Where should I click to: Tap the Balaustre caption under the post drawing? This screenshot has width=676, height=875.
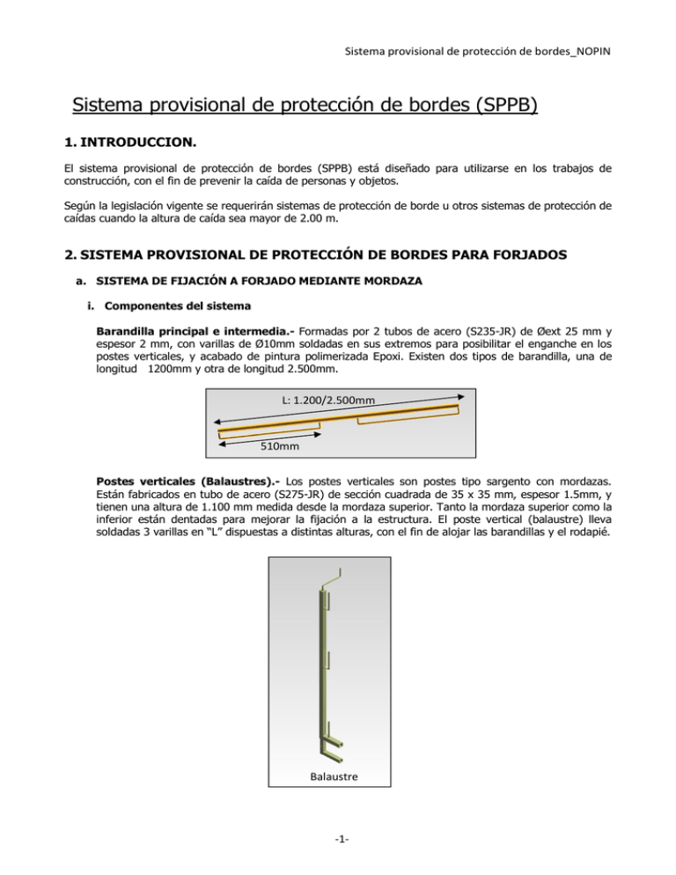pyautogui.click(x=338, y=777)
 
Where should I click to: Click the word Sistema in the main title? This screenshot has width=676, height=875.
pyautogui.click(x=114, y=108)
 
